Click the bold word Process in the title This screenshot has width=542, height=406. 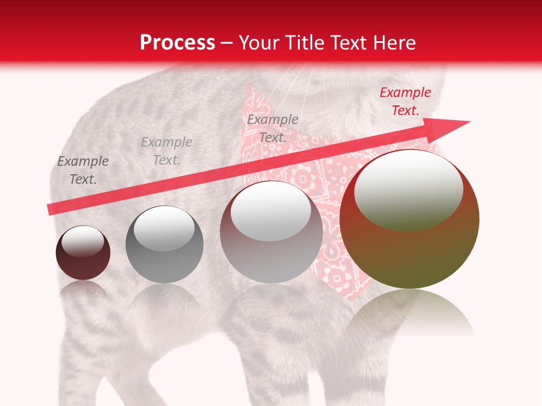point(177,43)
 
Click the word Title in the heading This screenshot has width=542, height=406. point(304,43)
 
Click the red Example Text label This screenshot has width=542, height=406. point(405,101)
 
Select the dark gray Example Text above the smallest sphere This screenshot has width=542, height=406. point(83,170)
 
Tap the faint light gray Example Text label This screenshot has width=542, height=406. point(167,151)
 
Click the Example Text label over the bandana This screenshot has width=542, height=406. point(273,128)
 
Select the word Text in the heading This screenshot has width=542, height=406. point(346,43)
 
